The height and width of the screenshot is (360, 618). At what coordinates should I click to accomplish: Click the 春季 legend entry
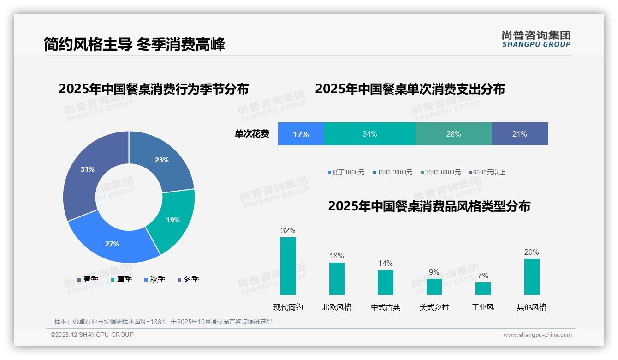click(x=88, y=279)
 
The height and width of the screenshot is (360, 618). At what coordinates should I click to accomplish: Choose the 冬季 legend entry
click(x=188, y=279)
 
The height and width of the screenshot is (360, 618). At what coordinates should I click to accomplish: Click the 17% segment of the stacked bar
click(x=301, y=134)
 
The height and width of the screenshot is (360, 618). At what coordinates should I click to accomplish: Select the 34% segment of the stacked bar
click(x=369, y=134)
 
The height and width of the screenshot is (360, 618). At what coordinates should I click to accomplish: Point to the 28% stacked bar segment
click(x=453, y=134)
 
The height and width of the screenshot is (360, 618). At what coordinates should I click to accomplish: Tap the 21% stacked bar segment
click(x=520, y=134)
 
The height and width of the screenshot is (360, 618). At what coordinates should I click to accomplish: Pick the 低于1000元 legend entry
click(x=346, y=172)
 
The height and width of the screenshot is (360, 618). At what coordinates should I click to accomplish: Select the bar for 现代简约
click(x=288, y=266)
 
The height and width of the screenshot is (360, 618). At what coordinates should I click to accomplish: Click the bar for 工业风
click(x=483, y=288)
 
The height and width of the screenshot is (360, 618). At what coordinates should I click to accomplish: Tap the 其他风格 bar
click(x=532, y=276)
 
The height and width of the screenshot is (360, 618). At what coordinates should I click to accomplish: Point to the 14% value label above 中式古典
click(x=385, y=263)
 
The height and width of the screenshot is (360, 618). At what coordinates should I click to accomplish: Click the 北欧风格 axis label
click(x=337, y=307)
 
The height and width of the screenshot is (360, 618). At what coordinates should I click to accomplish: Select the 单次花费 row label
click(x=252, y=134)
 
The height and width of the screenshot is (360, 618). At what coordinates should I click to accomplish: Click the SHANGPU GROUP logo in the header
click(x=536, y=39)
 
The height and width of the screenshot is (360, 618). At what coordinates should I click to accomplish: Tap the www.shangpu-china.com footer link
click(x=537, y=335)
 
